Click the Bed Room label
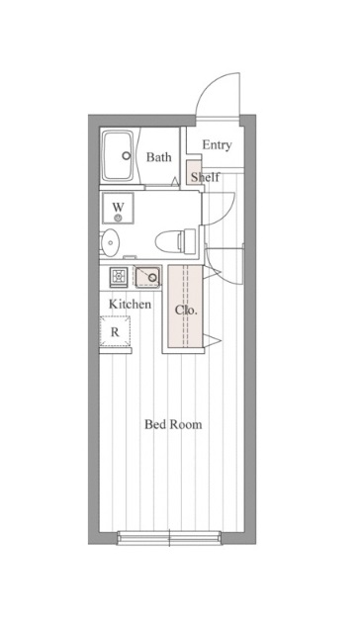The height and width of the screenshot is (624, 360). pyautogui.click(x=173, y=424)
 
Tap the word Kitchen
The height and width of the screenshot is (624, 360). pyautogui.click(x=131, y=304)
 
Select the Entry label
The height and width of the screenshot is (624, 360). pyautogui.click(x=217, y=145)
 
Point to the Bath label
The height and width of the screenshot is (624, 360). pyautogui.click(x=158, y=157)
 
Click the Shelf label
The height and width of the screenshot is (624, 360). pyautogui.click(x=205, y=177)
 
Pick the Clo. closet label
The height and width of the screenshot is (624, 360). pyautogui.click(x=186, y=310)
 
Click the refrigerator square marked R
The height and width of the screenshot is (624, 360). pyautogui.click(x=115, y=331)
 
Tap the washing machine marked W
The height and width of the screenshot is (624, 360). pyautogui.click(x=118, y=209)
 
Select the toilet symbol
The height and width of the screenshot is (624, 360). pyautogui.click(x=175, y=240)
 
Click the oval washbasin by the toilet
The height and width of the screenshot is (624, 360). pyautogui.click(x=110, y=242)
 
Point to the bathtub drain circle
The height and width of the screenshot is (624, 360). pyautogui.click(x=127, y=156)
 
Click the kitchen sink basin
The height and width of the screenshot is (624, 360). pyautogui.click(x=147, y=277)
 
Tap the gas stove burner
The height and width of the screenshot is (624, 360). pyautogui.click(x=119, y=275)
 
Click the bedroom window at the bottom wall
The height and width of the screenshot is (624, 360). pyautogui.click(x=169, y=538)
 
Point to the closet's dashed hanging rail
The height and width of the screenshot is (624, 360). pyautogui.click(x=185, y=306)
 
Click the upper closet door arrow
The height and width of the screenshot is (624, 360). pyautogui.click(x=212, y=273)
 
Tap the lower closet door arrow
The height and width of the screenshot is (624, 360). pyautogui.click(x=212, y=340)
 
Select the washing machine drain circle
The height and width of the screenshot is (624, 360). pyautogui.click(x=118, y=218)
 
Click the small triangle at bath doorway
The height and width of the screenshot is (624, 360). pyautogui.click(x=174, y=182)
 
